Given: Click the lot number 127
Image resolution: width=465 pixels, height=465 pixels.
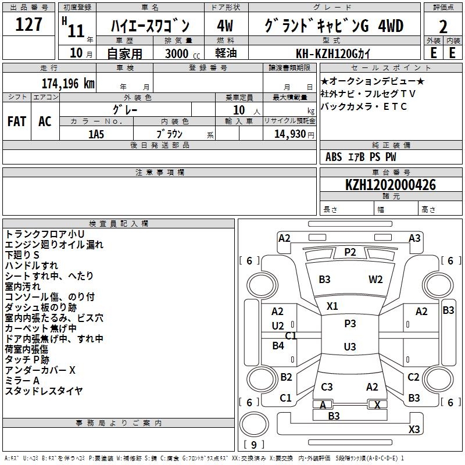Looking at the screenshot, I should click(29, 25).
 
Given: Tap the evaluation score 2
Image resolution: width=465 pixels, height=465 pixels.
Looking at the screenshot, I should click(443, 27).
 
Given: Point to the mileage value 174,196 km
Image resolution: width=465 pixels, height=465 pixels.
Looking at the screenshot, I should click(68, 83).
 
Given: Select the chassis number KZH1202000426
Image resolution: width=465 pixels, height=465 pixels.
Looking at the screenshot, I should click(391, 185).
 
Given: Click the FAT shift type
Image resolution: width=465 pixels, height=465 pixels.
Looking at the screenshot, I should click(17, 121).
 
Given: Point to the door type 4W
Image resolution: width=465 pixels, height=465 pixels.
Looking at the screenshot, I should click(225, 26).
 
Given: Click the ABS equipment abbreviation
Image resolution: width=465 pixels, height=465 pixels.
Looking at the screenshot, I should click(334, 157).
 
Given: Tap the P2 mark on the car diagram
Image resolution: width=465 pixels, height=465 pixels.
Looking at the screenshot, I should click(350, 252).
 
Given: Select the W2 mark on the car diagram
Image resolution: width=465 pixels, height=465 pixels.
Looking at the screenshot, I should click(375, 279).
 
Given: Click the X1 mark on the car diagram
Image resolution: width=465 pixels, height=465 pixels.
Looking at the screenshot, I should click(332, 306).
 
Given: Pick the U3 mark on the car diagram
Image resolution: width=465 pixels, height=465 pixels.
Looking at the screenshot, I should click(350, 347).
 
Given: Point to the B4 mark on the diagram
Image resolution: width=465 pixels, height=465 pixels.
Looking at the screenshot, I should click(278, 346).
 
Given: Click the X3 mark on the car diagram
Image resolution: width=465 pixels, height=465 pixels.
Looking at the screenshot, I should click(414, 429).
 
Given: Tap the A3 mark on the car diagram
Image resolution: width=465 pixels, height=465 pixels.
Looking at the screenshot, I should click(414, 238).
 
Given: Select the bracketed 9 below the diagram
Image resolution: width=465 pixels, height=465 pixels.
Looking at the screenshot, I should click(253, 445).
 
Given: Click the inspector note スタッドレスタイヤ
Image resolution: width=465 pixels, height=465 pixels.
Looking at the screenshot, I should click(44, 391).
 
